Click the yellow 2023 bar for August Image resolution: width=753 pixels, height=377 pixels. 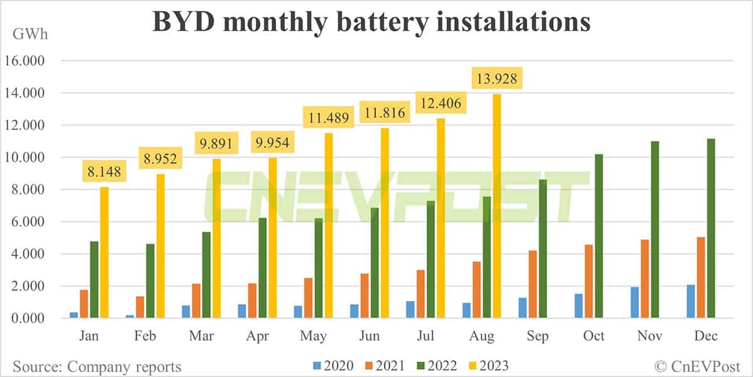pos(496,207)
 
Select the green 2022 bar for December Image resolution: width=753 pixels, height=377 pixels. pos(711,229)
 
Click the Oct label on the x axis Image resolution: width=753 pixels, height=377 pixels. pos(593,336)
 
